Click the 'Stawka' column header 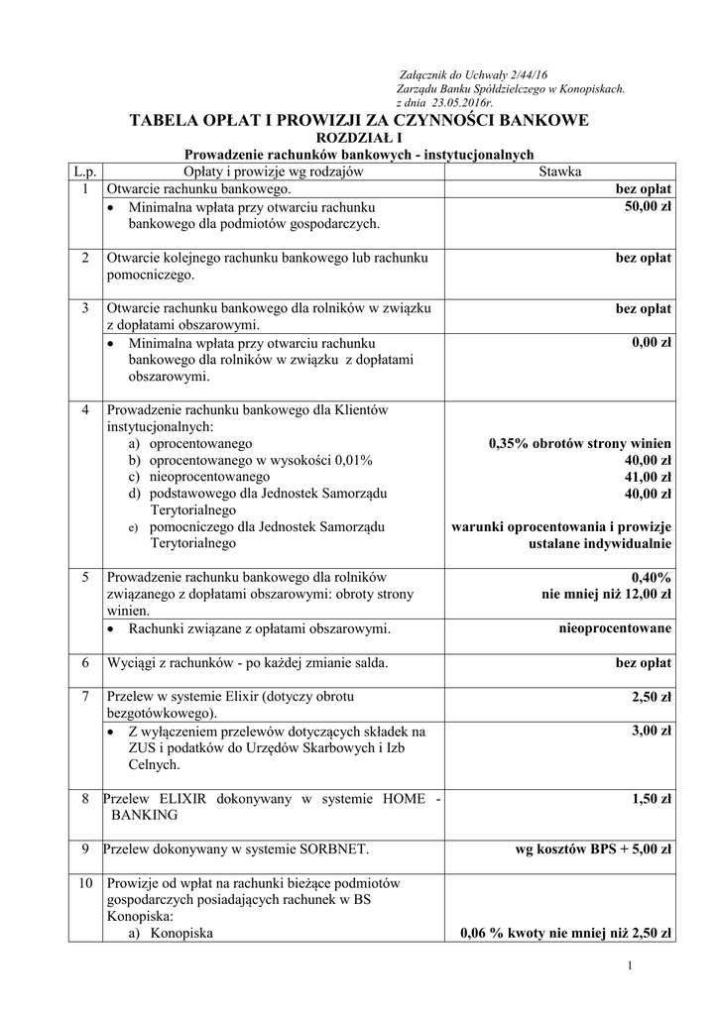(x=559, y=171)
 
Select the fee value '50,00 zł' (x=649, y=206)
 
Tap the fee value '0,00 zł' (x=652, y=343)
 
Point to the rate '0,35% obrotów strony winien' (x=579, y=443)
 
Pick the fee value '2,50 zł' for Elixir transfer (x=652, y=699)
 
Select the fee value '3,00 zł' (x=652, y=732)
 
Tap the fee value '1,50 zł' (x=652, y=798)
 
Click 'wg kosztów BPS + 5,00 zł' (x=593, y=848)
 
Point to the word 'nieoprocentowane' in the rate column (x=616, y=628)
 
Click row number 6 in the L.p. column (x=85, y=662)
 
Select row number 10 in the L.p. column (x=85, y=882)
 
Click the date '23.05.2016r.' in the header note (x=460, y=102)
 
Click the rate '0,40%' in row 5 (x=651, y=577)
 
